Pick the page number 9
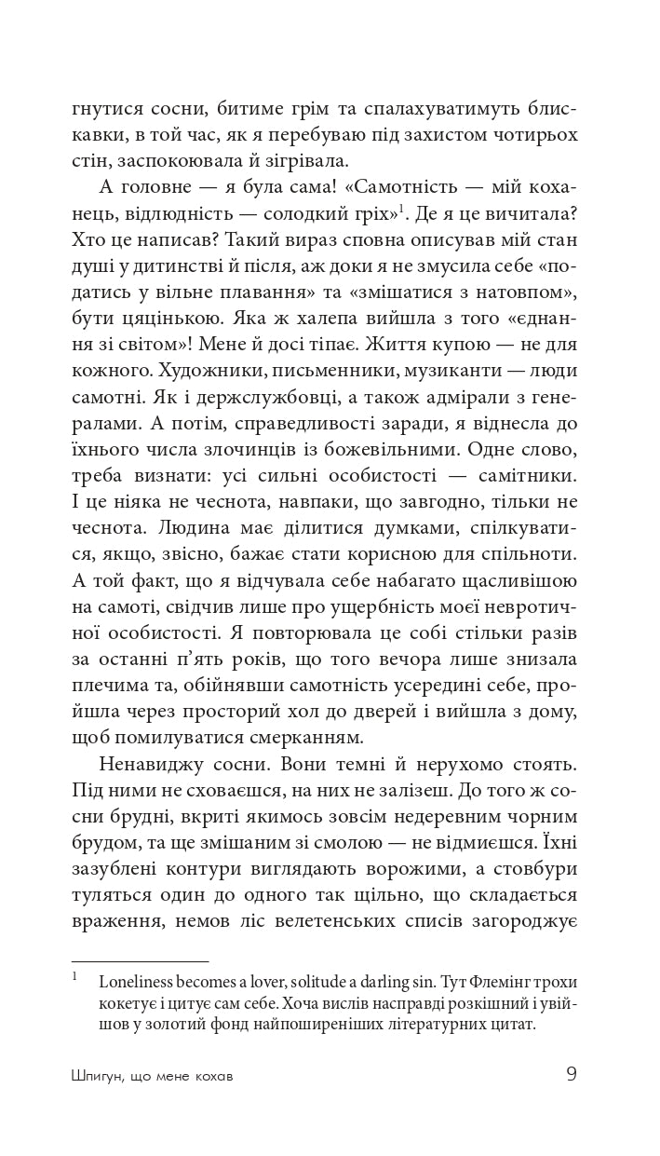click(572, 1074)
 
